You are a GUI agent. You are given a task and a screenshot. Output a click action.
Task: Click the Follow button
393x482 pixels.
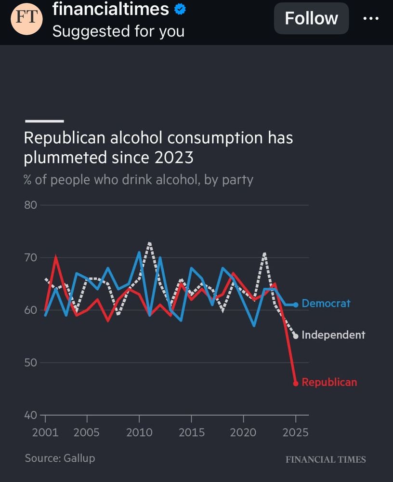pos(311,18)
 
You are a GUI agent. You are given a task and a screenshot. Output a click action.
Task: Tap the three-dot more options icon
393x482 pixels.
pos(371,18)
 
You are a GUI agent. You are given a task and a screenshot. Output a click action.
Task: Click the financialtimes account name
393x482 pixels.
pos(111,9)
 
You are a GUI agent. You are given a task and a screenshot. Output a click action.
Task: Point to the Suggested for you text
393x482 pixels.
pos(118,31)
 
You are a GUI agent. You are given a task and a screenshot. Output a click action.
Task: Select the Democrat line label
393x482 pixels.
pos(326,304)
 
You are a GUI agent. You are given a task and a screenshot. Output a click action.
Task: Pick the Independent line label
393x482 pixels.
pos(333,335)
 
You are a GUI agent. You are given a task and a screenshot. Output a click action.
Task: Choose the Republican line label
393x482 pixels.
pos(329,382)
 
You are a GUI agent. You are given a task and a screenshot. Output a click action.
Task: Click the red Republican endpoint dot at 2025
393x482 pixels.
pos(296,383)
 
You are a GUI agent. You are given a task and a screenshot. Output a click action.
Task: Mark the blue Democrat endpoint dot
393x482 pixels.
pos(296,304)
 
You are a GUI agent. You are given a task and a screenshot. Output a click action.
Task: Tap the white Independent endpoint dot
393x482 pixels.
pos(296,336)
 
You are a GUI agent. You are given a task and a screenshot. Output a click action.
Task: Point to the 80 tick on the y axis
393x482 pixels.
pos(31,205)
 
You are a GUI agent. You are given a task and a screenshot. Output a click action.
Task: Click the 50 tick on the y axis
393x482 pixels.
pos(31,362)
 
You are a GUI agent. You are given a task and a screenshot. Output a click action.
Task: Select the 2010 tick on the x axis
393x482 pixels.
pos(139,432)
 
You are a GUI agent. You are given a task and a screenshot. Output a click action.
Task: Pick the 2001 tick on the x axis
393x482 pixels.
pos(45,432)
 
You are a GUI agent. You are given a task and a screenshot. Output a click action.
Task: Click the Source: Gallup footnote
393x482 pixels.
pos(60,458)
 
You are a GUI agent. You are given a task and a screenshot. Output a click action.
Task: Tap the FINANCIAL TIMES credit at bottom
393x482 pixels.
pos(326,459)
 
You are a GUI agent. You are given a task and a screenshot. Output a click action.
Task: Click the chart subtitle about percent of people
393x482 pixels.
pos(139,180)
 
